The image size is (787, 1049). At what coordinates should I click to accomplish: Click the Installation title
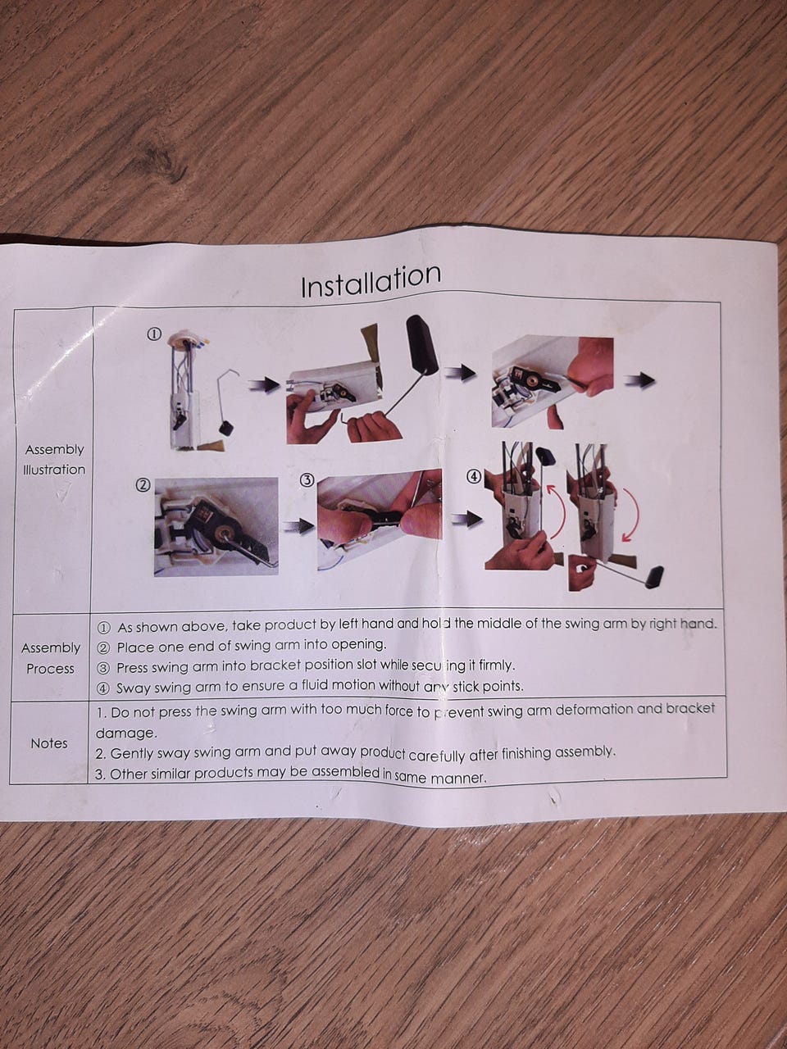tap(371, 281)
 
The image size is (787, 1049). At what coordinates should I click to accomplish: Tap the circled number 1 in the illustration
tap(154, 334)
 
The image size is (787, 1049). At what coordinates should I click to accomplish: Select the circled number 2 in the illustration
tap(143, 485)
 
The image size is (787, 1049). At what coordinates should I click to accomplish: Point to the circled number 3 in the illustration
tap(307, 479)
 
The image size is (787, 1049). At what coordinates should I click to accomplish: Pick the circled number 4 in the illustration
tap(474, 476)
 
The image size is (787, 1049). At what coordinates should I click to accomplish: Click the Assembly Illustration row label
tap(54, 459)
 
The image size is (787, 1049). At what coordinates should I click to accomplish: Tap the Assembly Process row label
tap(51, 658)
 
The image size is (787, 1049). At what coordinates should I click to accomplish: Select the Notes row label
tap(48, 743)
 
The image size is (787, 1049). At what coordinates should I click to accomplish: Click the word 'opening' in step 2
tap(358, 645)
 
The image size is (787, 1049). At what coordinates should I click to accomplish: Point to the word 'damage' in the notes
tap(126, 733)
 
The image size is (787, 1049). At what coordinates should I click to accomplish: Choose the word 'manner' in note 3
tap(458, 779)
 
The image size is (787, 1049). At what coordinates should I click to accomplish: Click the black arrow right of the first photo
tap(264, 384)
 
